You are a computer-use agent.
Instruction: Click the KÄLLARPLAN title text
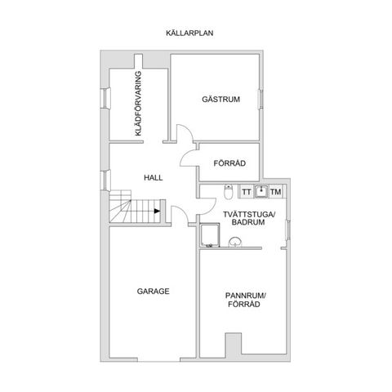[x=189, y=33]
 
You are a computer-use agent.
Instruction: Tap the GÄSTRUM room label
[x=220, y=99]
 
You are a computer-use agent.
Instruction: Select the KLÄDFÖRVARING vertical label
[x=138, y=104]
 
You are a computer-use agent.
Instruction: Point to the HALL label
[x=154, y=178]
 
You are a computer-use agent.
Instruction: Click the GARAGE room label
[x=153, y=292]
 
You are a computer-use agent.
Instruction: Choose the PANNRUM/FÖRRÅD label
[x=245, y=300]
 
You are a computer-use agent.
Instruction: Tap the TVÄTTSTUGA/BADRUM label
[x=249, y=218]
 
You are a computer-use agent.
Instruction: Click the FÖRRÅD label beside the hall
[x=229, y=163]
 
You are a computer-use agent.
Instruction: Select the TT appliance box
[x=247, y=192]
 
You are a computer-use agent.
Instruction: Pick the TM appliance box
[x=276, y=192]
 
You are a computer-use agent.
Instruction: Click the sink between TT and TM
[x=261, y=191]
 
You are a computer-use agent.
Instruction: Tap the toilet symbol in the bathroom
[x=228, y=192]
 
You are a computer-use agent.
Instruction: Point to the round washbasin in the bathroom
[x=234, y=242]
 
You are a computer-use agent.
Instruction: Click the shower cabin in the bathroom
[x=210, y=235]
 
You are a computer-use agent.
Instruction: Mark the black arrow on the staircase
[x=157, y=211]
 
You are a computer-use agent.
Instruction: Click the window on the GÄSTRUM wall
[x=261, y=99]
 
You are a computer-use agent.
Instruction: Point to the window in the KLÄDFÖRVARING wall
[x=105, y=98]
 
